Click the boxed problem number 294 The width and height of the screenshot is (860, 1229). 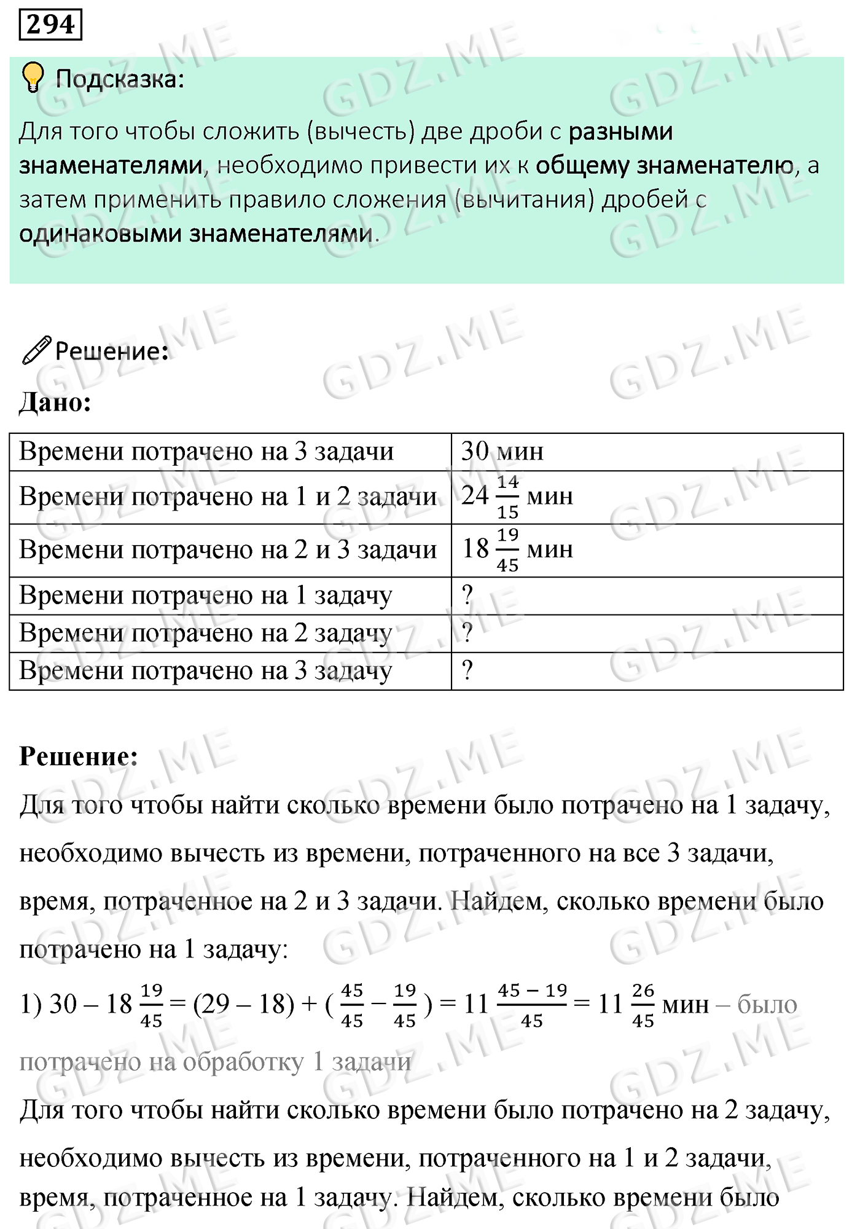tap(50, 25)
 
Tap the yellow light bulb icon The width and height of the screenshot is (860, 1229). tap(32, 77)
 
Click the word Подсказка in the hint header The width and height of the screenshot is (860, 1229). tap(119, 79)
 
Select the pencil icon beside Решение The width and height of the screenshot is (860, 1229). tap(36, 350)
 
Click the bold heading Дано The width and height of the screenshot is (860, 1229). tap(55, 402)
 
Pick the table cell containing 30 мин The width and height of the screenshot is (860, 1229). tap(502, 452)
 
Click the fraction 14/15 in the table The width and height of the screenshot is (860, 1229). tap(507, 497)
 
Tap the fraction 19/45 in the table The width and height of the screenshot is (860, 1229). tap(507, 550)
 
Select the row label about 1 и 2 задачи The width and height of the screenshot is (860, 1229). tap(228, 497)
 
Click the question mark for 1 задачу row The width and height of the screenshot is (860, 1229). tap(467, 595)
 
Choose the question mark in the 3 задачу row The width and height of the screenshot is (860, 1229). tap(467, 670)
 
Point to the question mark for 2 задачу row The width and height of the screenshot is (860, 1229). tap(467, 633)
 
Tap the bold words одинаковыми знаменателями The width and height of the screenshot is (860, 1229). tap(196, 234)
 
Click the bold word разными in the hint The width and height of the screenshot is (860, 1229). tap(620, 132)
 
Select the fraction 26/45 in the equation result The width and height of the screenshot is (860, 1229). tap(643, 1005)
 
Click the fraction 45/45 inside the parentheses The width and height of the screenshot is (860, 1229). tap(352, 1005)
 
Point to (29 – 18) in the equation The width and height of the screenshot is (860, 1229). tap(243, 1004)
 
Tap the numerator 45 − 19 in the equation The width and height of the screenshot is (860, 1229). tap(532, 991)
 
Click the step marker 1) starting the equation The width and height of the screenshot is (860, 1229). tap(30, 1004)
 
